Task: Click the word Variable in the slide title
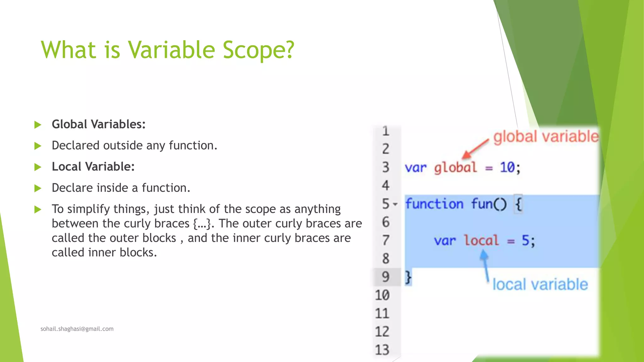(171, 50)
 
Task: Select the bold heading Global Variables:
(98, 124)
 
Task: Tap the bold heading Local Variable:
(93, 167)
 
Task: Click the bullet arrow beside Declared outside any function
(38, 146)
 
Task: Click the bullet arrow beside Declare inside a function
(38, 188)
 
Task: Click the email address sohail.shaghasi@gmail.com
(77, 329)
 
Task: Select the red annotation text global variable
(546, 137)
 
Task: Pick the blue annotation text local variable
(540, 284)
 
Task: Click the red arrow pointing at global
(475, 149)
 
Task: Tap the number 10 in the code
(507, 167)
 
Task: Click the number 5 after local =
(525, 241)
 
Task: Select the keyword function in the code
(434, 204)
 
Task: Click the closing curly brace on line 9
(408, 277)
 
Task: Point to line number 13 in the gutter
(382, 349)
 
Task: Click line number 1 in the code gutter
(386, 131)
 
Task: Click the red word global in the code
(455, 167)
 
